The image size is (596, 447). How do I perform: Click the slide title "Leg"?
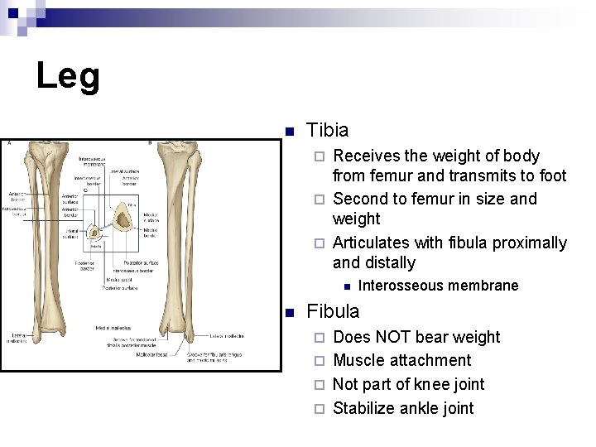point(68,77)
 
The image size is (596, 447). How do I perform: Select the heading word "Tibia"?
point(328,130)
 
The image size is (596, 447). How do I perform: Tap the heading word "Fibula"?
point(333,311)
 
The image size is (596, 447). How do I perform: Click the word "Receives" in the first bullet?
point(367,156)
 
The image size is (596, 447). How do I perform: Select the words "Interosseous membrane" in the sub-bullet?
point(438,286)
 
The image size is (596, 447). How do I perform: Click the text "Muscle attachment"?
point(401,360)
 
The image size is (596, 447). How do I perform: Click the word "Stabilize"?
point(363,407)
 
